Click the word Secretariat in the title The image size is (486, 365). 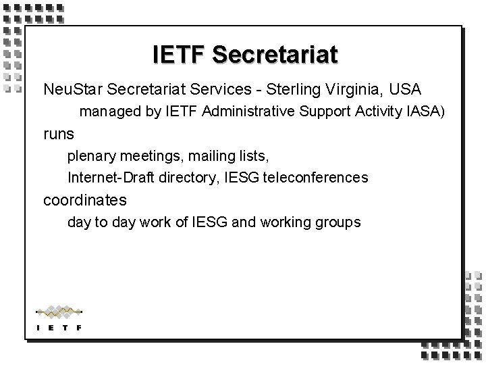pyautogui.click(x=274, y=55)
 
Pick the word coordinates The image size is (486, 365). pyautogui.click(x=84, y=201)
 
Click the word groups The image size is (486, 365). pyautogui.click(x=337, y=222)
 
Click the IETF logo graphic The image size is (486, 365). pyautogui.click(x=59, y=318)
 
